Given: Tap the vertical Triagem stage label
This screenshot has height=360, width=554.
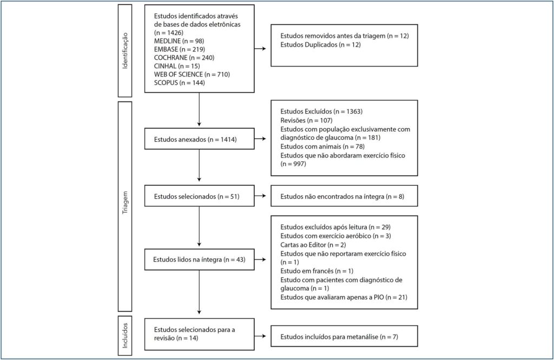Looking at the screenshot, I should tap(125, 202).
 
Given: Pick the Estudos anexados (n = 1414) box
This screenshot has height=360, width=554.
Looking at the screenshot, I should tap(200, 140).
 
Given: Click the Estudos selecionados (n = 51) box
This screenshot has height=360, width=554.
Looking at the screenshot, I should tap(200, 197).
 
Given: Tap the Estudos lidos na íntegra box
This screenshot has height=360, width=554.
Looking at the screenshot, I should tap(200, 259).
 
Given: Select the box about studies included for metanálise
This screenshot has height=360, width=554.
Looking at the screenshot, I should tap(344, 337).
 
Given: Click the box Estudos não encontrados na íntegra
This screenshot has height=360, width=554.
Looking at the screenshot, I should tap(344, 197).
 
